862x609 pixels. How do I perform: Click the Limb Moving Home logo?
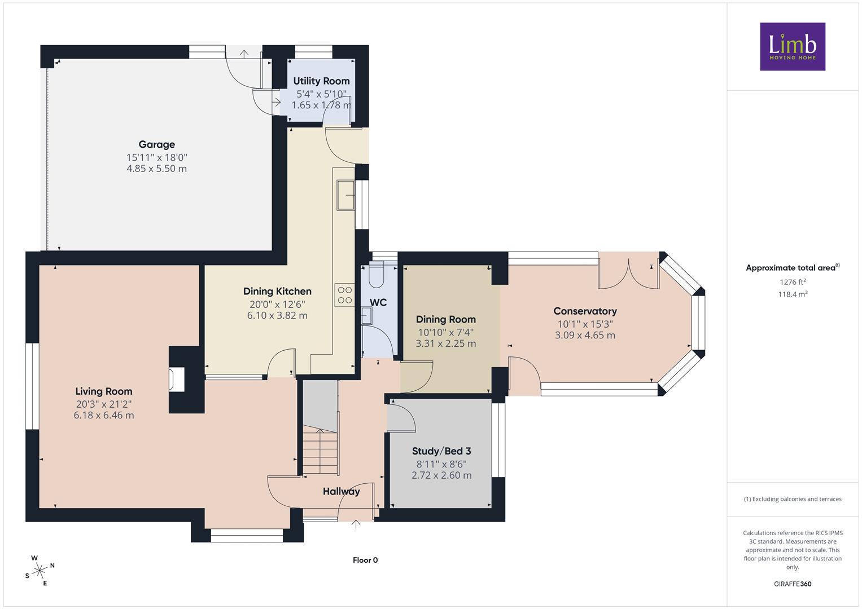click(x=793, y=46)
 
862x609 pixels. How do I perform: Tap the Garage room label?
click(x=156, y=144)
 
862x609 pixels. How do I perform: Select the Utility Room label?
click(x=321, y=81)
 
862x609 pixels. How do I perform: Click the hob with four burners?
click(x=344, y=295)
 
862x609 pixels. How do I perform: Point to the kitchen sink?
click(x=345, y=195)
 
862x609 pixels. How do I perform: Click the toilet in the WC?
click(x=376, y=275)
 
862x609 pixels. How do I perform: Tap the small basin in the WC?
click(x=366, y=316)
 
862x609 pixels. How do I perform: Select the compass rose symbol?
click(x=40, y=570)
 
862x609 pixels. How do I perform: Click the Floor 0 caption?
click(x=365, y=560)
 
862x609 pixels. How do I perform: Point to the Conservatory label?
click(x=585, y=311)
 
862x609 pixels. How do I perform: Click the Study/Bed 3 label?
click(x=441, y=451)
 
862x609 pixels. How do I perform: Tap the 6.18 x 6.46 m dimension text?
click(x=104, y=415)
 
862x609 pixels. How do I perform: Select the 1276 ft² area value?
click(x=793, y=282)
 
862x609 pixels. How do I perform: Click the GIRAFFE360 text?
click(x=793, y=584)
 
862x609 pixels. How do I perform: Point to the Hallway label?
click(x=342, y=491)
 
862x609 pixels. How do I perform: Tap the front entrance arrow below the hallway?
click(x=356, y=524)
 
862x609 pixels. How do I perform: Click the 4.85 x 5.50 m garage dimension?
click(x=156, y=169)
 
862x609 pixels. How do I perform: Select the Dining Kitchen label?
click(x=277, y=292)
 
